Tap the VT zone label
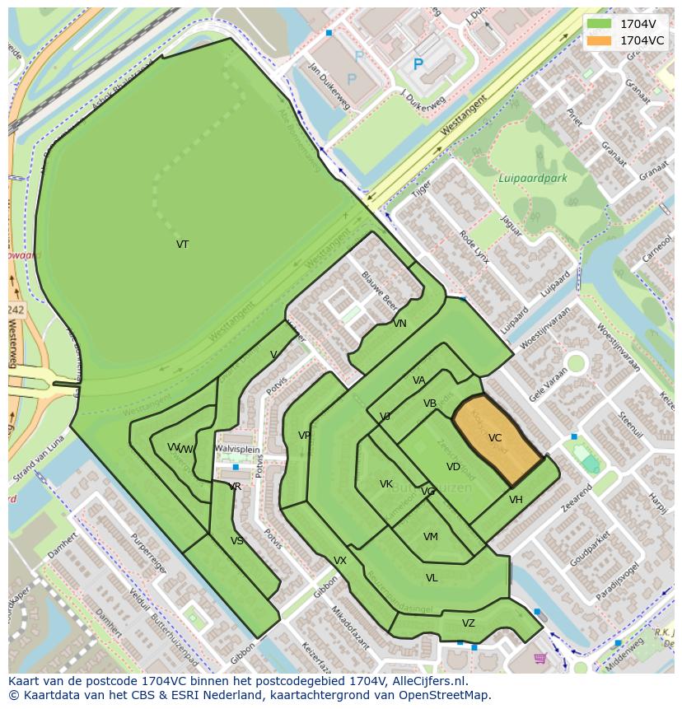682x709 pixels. click(182, 245)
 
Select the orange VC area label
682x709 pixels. click(494, 438)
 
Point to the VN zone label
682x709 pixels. click(399, 324)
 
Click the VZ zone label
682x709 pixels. click(469, 623)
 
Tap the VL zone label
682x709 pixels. click(432, 578)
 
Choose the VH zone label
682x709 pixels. click(516, 500)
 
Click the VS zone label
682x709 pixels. click(237, 541)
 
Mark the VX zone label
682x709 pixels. click(340, 561)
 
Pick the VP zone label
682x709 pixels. click(305, 436)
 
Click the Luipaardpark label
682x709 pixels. click(532, 178)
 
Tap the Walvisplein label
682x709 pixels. click(237, 449)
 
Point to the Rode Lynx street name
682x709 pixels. click(474, 246)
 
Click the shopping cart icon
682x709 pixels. click(540, 658)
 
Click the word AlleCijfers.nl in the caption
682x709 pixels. click(430, 682)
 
